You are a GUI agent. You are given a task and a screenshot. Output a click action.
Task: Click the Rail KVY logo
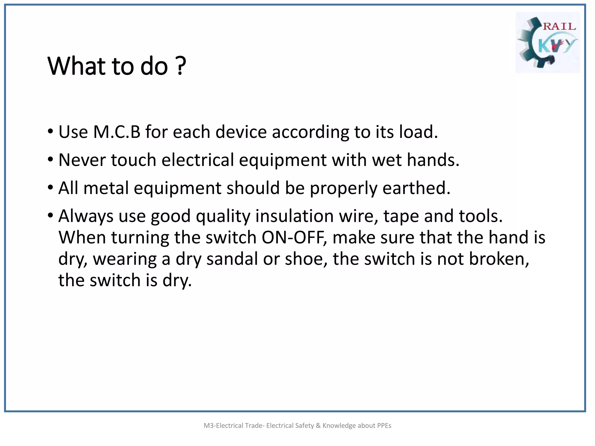(x=547, y=42)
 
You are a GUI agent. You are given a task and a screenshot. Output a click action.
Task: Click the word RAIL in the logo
(x=559, y=26)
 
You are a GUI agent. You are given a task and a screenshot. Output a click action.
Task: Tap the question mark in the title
(x=180, y=66)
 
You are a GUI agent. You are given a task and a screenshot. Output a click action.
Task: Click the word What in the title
(x=77, y=66)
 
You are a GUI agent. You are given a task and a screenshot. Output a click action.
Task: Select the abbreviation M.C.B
(x=117, y=132)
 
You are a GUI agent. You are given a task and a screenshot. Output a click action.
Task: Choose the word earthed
(x=416, y=188)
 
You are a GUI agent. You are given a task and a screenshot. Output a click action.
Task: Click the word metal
(x=106, y=188)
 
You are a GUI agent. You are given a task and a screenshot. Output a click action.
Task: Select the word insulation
(x=295, y=216)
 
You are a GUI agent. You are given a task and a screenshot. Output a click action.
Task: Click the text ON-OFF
(x=294, y=238)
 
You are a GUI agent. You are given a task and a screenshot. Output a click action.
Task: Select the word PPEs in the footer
(x=384, y=426)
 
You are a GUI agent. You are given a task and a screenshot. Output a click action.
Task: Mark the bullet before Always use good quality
(x=51, y=216)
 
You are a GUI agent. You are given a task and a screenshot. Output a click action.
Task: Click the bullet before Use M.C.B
(x=51, y=132)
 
